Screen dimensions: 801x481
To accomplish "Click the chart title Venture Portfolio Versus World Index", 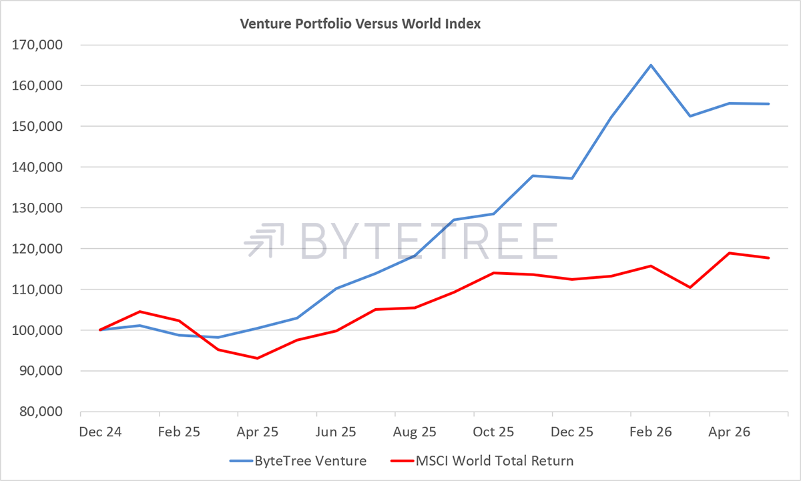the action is tap(360, 24).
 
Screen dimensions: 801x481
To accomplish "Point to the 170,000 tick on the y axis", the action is tap(37, 45).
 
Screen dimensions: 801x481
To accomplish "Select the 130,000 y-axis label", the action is tap(37, 208).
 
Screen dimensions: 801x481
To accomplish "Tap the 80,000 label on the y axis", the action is tap(41, 412).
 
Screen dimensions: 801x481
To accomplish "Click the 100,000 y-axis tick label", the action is tap(37, 330).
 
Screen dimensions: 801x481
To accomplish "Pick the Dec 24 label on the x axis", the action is tap(100, 432).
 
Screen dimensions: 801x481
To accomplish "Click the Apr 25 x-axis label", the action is tap(258, 432).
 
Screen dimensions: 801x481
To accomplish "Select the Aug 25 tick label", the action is tap(415, 432).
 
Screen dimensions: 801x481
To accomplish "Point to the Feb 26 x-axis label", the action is tap(650, 432).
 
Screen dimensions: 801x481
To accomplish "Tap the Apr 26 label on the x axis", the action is tap(729, 432).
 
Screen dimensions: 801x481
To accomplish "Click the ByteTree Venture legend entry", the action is tap(298, 461).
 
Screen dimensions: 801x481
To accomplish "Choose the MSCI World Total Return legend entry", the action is tap(482, 461).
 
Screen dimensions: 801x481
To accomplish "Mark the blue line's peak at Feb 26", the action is tap(651, 65).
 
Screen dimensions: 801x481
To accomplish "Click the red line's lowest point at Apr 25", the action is tap(258, 358).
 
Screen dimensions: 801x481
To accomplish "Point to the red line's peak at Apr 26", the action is tap(729, 253).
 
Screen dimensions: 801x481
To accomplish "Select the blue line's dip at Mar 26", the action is tap(690, 116).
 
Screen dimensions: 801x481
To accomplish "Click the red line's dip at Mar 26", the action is tap(690, 288).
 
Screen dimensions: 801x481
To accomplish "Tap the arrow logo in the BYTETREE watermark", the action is tap(264, 240).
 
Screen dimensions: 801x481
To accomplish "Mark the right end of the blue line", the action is tap(768, 104).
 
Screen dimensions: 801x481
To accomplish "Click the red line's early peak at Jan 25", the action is tap(140, 312).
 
